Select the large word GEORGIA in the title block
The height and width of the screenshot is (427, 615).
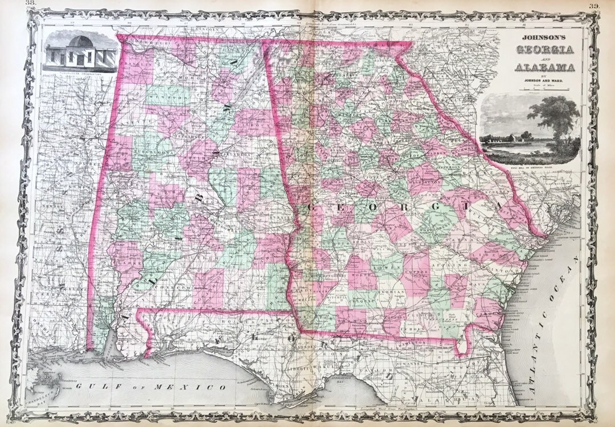(x=544, y=50)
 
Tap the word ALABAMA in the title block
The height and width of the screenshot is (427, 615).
(x=544, y=68)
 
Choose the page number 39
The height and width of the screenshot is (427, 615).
(x=594, y=6)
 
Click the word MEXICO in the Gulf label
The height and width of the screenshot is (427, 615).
(x=196, y=387)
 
